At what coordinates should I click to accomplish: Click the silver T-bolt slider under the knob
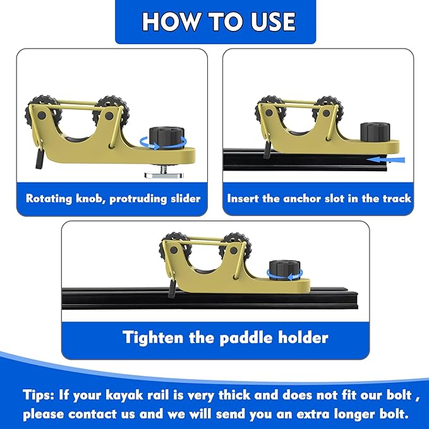pyautogui.click(x=159, y=175)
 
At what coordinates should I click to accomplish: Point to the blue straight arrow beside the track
pyautogui.click(x=386, y=159)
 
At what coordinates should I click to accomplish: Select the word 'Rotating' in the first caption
pyautogui.click(x=49, y=198)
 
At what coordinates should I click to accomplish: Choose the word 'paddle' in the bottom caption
pyautogui.click(x=246, y=337)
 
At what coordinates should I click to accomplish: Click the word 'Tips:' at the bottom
pyautogui.click(x=39, y=396)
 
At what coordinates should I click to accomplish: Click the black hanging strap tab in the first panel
pyautogui.click(x=40, y=159)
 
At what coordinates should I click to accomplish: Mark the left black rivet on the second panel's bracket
pyautogui.click(x=269, y=112)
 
